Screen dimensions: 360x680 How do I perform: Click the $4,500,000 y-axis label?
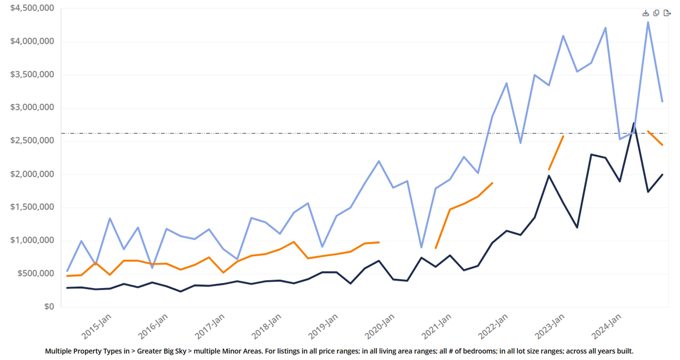(x=32, y=8)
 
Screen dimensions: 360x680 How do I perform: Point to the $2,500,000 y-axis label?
(x=32, y=141)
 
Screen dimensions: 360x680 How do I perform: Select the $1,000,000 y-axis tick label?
(x=32, y=240)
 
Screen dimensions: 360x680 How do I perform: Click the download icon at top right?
(x=646, y=13)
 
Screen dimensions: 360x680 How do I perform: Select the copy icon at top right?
(x=656, y=13)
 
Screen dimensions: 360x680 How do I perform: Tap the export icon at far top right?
(x=667, y=13)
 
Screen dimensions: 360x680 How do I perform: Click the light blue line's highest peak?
(x=648, y=22)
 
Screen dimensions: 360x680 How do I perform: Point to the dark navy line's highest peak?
(x=633, y=123)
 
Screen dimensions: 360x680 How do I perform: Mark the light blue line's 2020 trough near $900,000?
(x=421, y=247)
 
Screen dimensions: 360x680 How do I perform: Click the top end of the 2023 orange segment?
(x=563, y=136)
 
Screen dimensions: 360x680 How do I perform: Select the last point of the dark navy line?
(x=662, y=175)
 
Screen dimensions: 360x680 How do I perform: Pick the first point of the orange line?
(x=68, y=276)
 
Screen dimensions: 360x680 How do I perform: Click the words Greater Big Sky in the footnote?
(x=161, y=351)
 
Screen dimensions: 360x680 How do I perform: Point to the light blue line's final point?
(x=662, y=101)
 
